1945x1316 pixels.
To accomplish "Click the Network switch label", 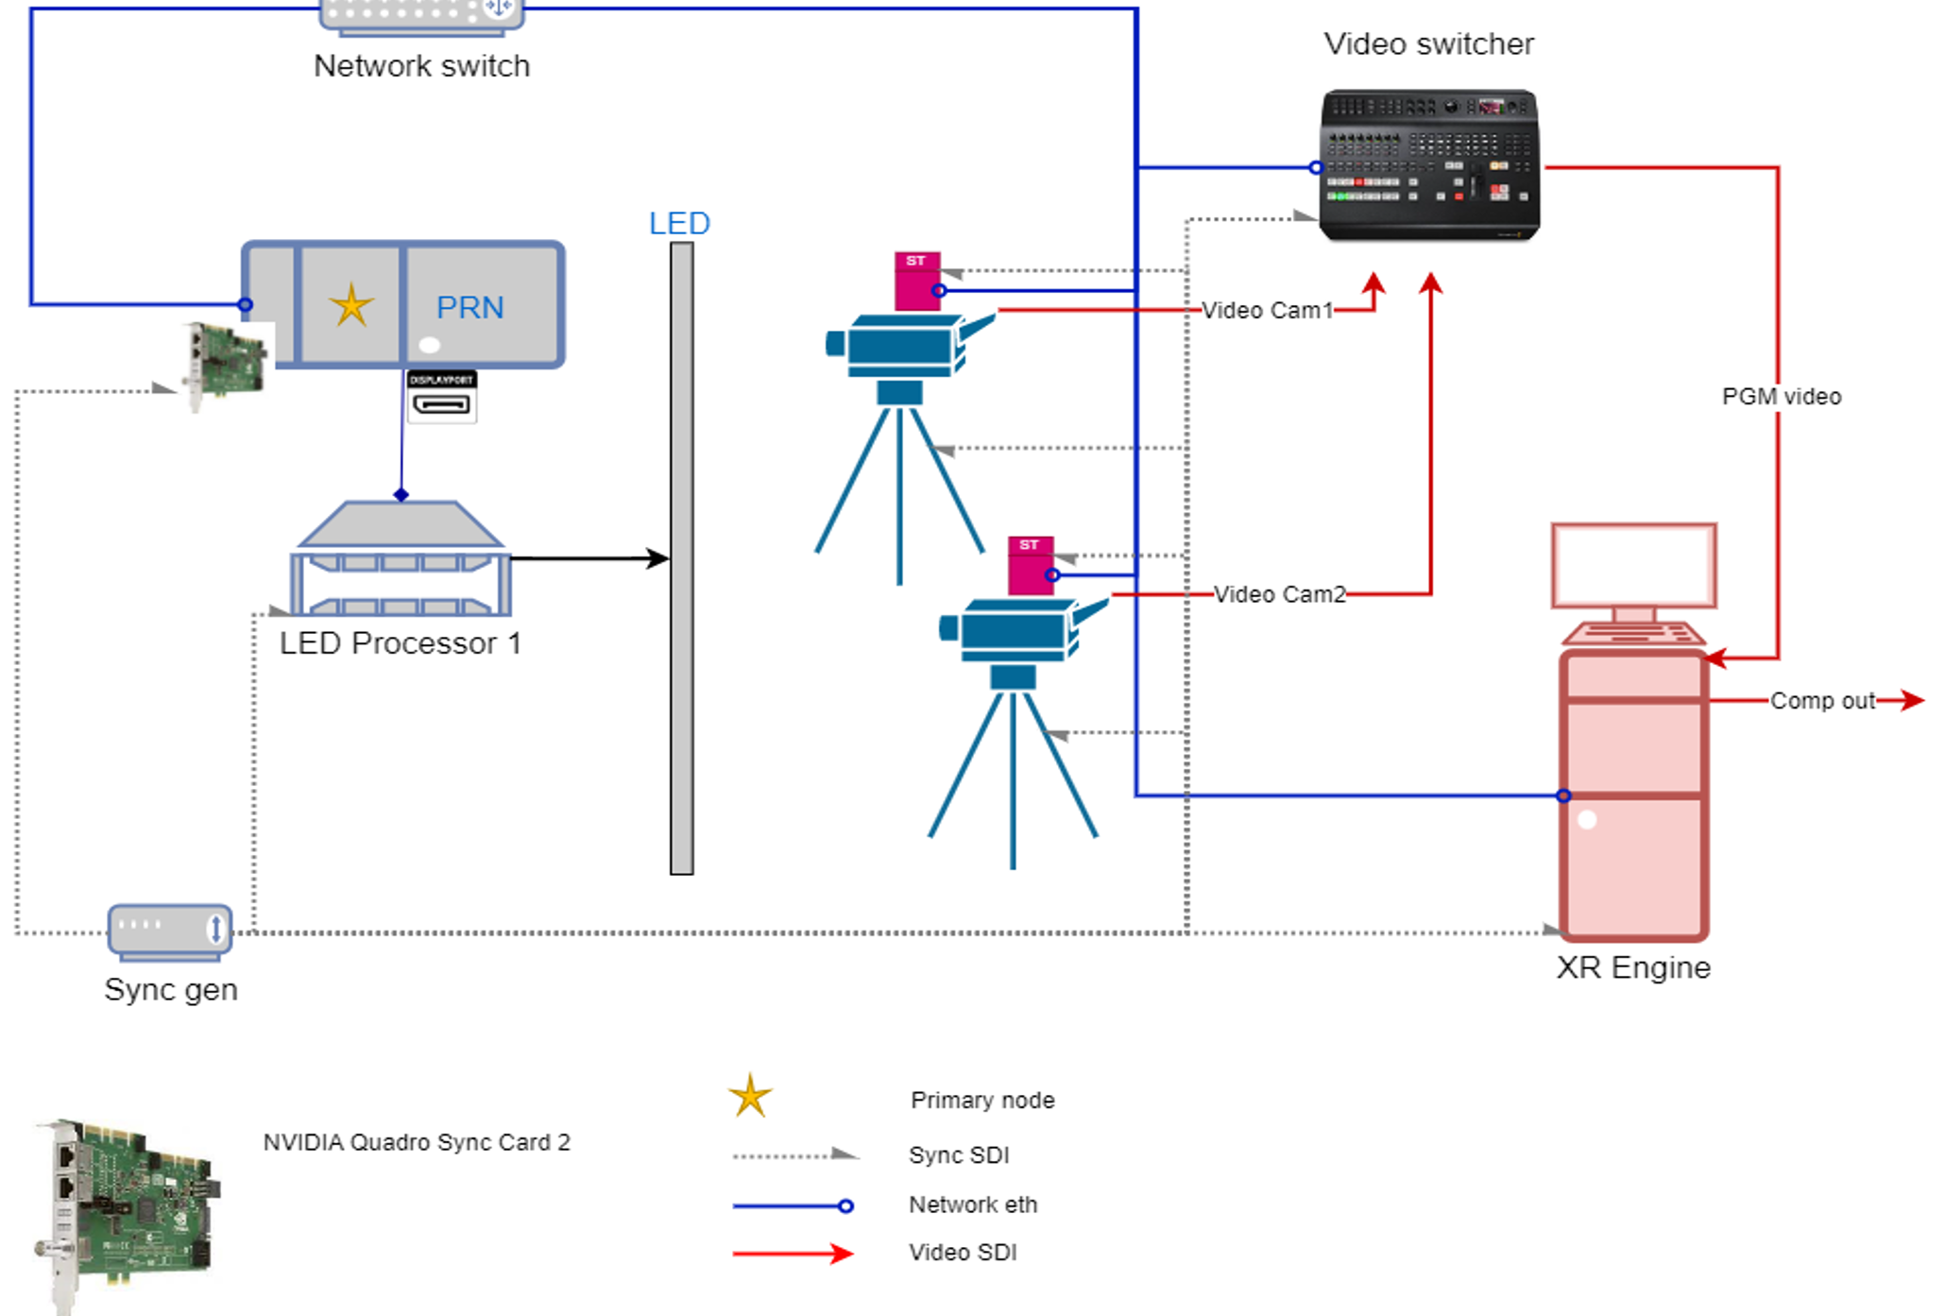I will tap(421, 66).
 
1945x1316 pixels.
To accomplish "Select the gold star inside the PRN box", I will tap(351, 305).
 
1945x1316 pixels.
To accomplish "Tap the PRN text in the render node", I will tap(469, 307).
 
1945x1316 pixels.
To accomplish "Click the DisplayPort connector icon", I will tap(441, 397).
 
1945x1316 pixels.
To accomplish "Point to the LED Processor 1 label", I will tap(400, 643).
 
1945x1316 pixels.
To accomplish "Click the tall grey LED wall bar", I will tap(681, 557).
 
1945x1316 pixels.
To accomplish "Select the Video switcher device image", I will tap(1428, 164).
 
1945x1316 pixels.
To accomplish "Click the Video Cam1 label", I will tap(1266, 310).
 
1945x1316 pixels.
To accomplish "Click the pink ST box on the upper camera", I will tap(916, 281).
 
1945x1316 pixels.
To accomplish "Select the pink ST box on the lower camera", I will tap(1030, 565).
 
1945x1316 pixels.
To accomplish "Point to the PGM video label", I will tap(1781, 397).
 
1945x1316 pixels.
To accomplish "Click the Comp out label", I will tap(1821, 701).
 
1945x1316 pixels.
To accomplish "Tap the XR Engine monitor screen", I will tap(1633, 565).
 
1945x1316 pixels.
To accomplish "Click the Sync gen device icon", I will tap(170, 931).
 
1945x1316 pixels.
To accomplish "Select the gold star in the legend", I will tap(750, 1097).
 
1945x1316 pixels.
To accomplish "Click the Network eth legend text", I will tap(972, 1205).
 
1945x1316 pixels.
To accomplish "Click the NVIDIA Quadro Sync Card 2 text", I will tap(416, 1142).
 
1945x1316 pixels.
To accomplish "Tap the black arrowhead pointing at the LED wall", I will tap(657, 558).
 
